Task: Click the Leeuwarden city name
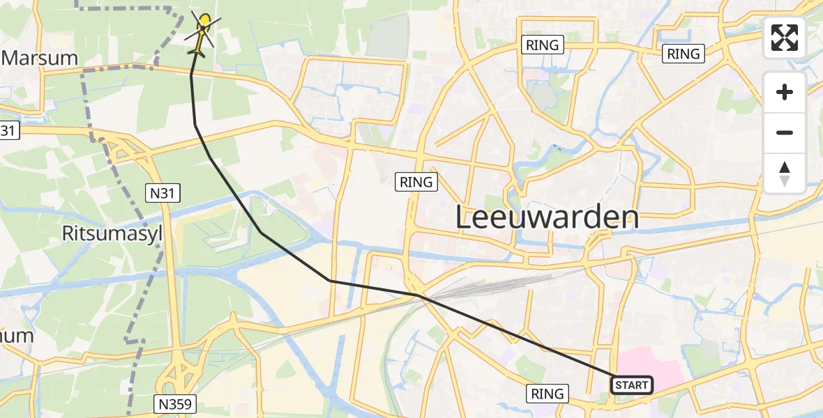click(x=547, y=217)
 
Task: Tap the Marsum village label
click(x=40, y=58)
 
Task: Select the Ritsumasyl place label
click(x=112, y=233)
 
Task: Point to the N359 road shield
click(x=175, y=403)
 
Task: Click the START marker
click(x=632, y=385)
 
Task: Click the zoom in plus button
click(x=785, y=92)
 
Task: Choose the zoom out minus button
click(x=785, y=132)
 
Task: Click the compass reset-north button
click(x=785, y=173)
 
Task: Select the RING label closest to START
click(x=548, y=394)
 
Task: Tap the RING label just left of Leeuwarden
click(x=417, y=183)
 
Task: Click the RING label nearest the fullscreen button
click(x=684, y=54)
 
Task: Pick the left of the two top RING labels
click(x=543, y=45)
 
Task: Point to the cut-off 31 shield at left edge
click(x=6, y=130)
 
